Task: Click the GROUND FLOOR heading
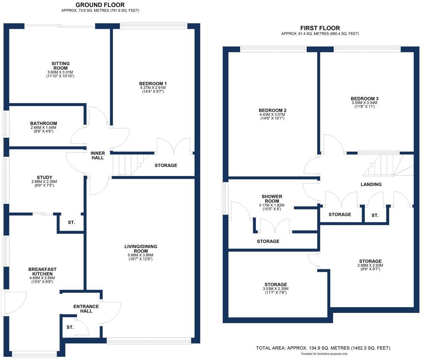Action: (x=100, y=5)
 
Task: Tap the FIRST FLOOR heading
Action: (x=320, y=28)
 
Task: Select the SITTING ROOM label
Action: (x=61, y=66)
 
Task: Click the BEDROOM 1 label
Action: (x=153, y=84)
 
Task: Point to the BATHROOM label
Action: (x=44, y=123)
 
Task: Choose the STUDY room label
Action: (x=44, y=177)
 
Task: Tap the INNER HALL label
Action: (x=97, y=155)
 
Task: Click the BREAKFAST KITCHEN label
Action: (x=42, y=271)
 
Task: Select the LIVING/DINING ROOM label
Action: (x=141, y=248)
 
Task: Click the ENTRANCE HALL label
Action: (x=86, y=309)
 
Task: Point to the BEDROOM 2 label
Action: (x=273, y=110)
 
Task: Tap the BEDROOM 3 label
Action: (x=364, y=99)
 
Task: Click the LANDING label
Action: (x=371, y=184)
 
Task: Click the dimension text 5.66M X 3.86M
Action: (x=141, y=255)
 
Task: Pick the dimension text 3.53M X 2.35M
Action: (x=275, y=289)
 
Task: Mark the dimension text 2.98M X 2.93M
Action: (x=370, y=266)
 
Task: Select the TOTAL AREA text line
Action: (x=323, y=348)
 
